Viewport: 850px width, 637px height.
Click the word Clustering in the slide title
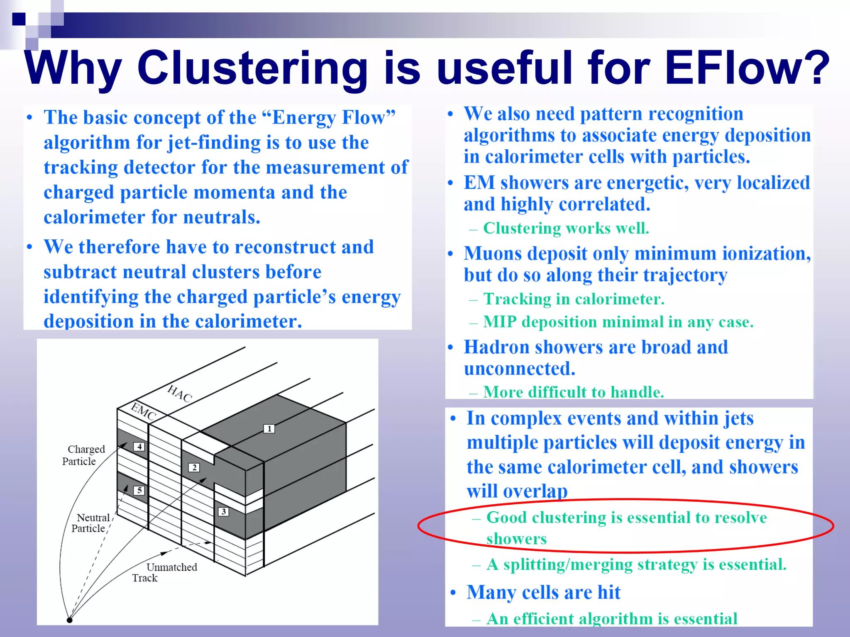point(252,68)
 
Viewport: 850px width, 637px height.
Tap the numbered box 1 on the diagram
point(269,428)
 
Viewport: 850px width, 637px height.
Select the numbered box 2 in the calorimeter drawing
point(194,467)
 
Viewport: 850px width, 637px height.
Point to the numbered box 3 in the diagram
point(223,511)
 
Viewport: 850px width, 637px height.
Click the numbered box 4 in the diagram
point(139,447)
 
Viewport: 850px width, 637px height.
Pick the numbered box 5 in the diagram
point(139,490)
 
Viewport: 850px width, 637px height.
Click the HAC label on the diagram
point(180,393)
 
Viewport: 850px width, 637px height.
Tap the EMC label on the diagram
point(144,411)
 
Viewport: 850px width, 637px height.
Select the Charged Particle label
point(83,455)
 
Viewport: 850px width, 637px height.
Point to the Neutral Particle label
point(90,523)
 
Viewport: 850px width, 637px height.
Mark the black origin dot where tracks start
point(70,620)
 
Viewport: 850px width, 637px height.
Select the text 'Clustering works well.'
point(566,228)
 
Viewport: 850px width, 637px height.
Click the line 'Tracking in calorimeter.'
point(574,299)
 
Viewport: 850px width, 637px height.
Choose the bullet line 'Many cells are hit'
point(543,592)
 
